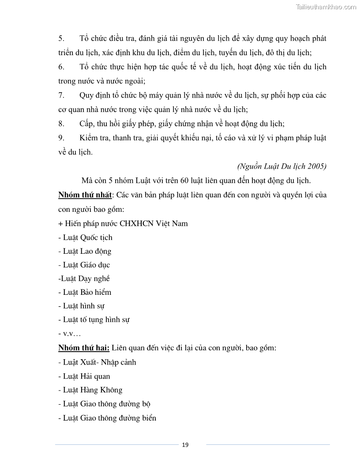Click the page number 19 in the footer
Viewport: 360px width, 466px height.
185,444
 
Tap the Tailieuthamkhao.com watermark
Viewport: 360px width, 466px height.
325,7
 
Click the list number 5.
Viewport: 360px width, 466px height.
61,38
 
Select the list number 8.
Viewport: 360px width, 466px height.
61,124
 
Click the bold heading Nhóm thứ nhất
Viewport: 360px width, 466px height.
85,195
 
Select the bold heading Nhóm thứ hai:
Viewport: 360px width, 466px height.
84,348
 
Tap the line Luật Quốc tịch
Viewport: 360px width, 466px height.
85,237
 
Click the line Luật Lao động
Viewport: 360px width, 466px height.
85,251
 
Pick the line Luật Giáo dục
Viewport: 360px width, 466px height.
84,265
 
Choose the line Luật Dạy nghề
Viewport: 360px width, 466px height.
84,278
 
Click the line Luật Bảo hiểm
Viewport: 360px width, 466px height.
85,292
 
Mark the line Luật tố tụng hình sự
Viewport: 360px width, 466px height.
94,319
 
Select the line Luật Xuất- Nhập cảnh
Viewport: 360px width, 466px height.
97,362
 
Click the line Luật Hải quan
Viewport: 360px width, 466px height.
84,376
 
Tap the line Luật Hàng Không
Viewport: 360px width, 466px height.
90,390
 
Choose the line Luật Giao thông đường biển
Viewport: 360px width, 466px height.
107,418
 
